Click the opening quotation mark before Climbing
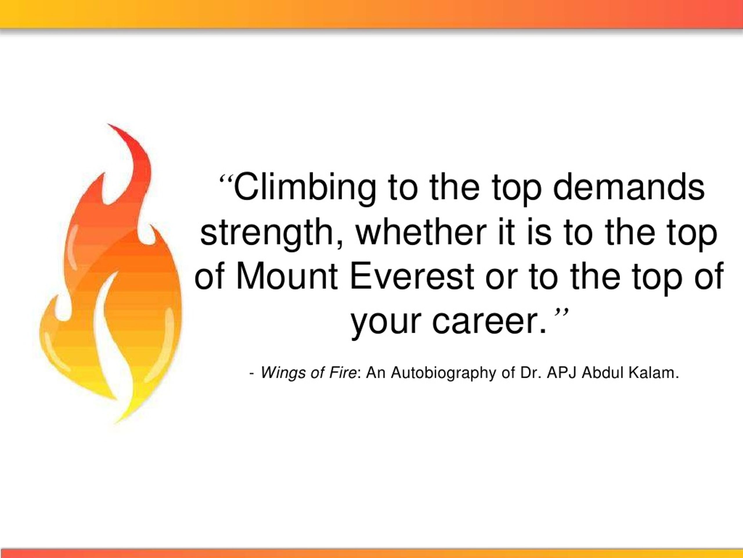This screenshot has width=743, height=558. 226,178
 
